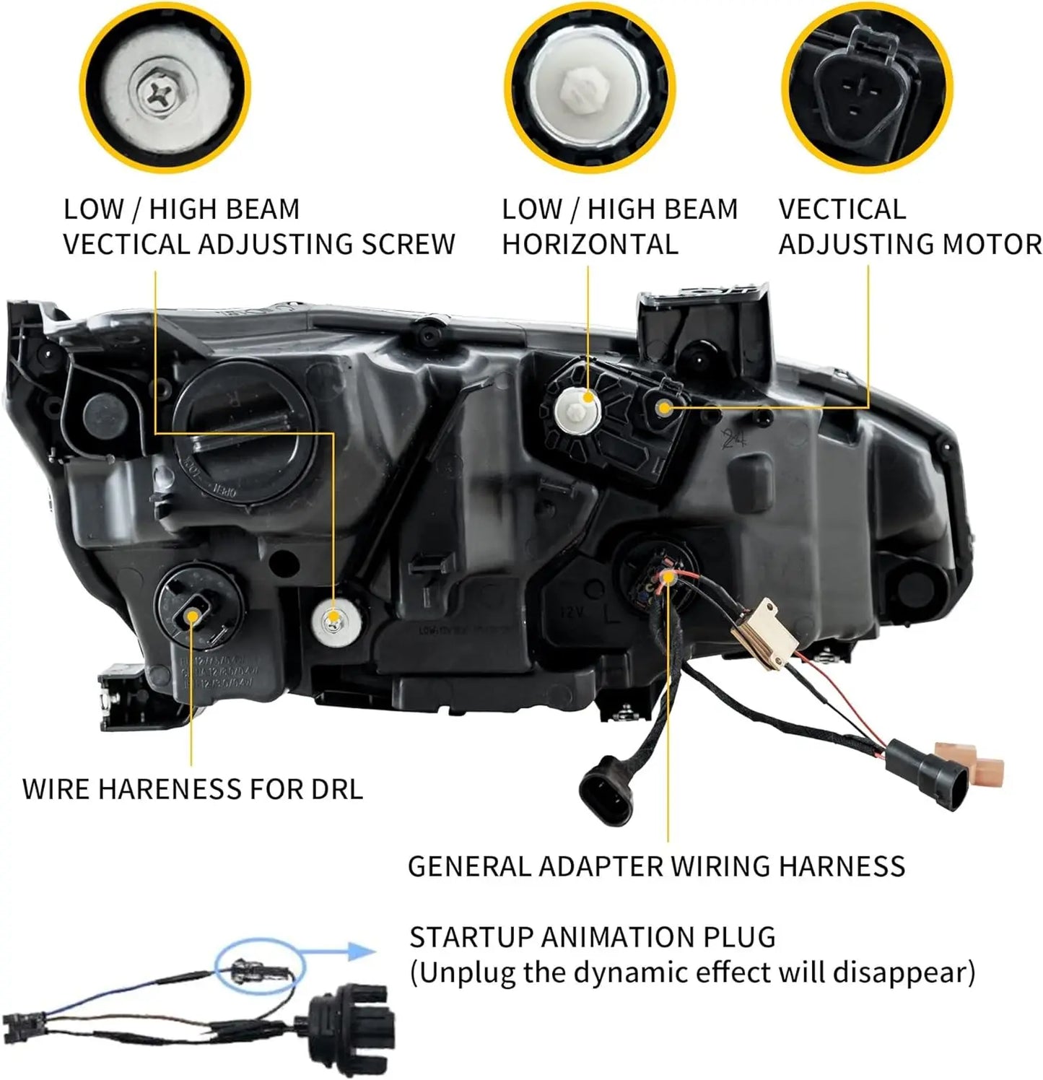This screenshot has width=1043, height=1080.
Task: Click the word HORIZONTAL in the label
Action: pyautogui.click(x=590, y=245)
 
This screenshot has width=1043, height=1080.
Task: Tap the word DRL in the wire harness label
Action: pyautogui.click(x=337, y=789)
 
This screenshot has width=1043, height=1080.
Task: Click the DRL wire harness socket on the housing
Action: pyautogui.click(x=192, y=615)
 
